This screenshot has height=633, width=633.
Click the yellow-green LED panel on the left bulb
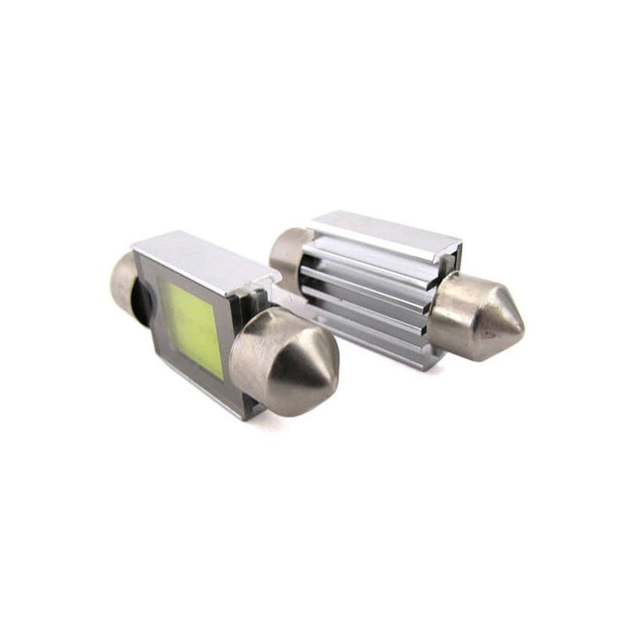click(191, 316)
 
